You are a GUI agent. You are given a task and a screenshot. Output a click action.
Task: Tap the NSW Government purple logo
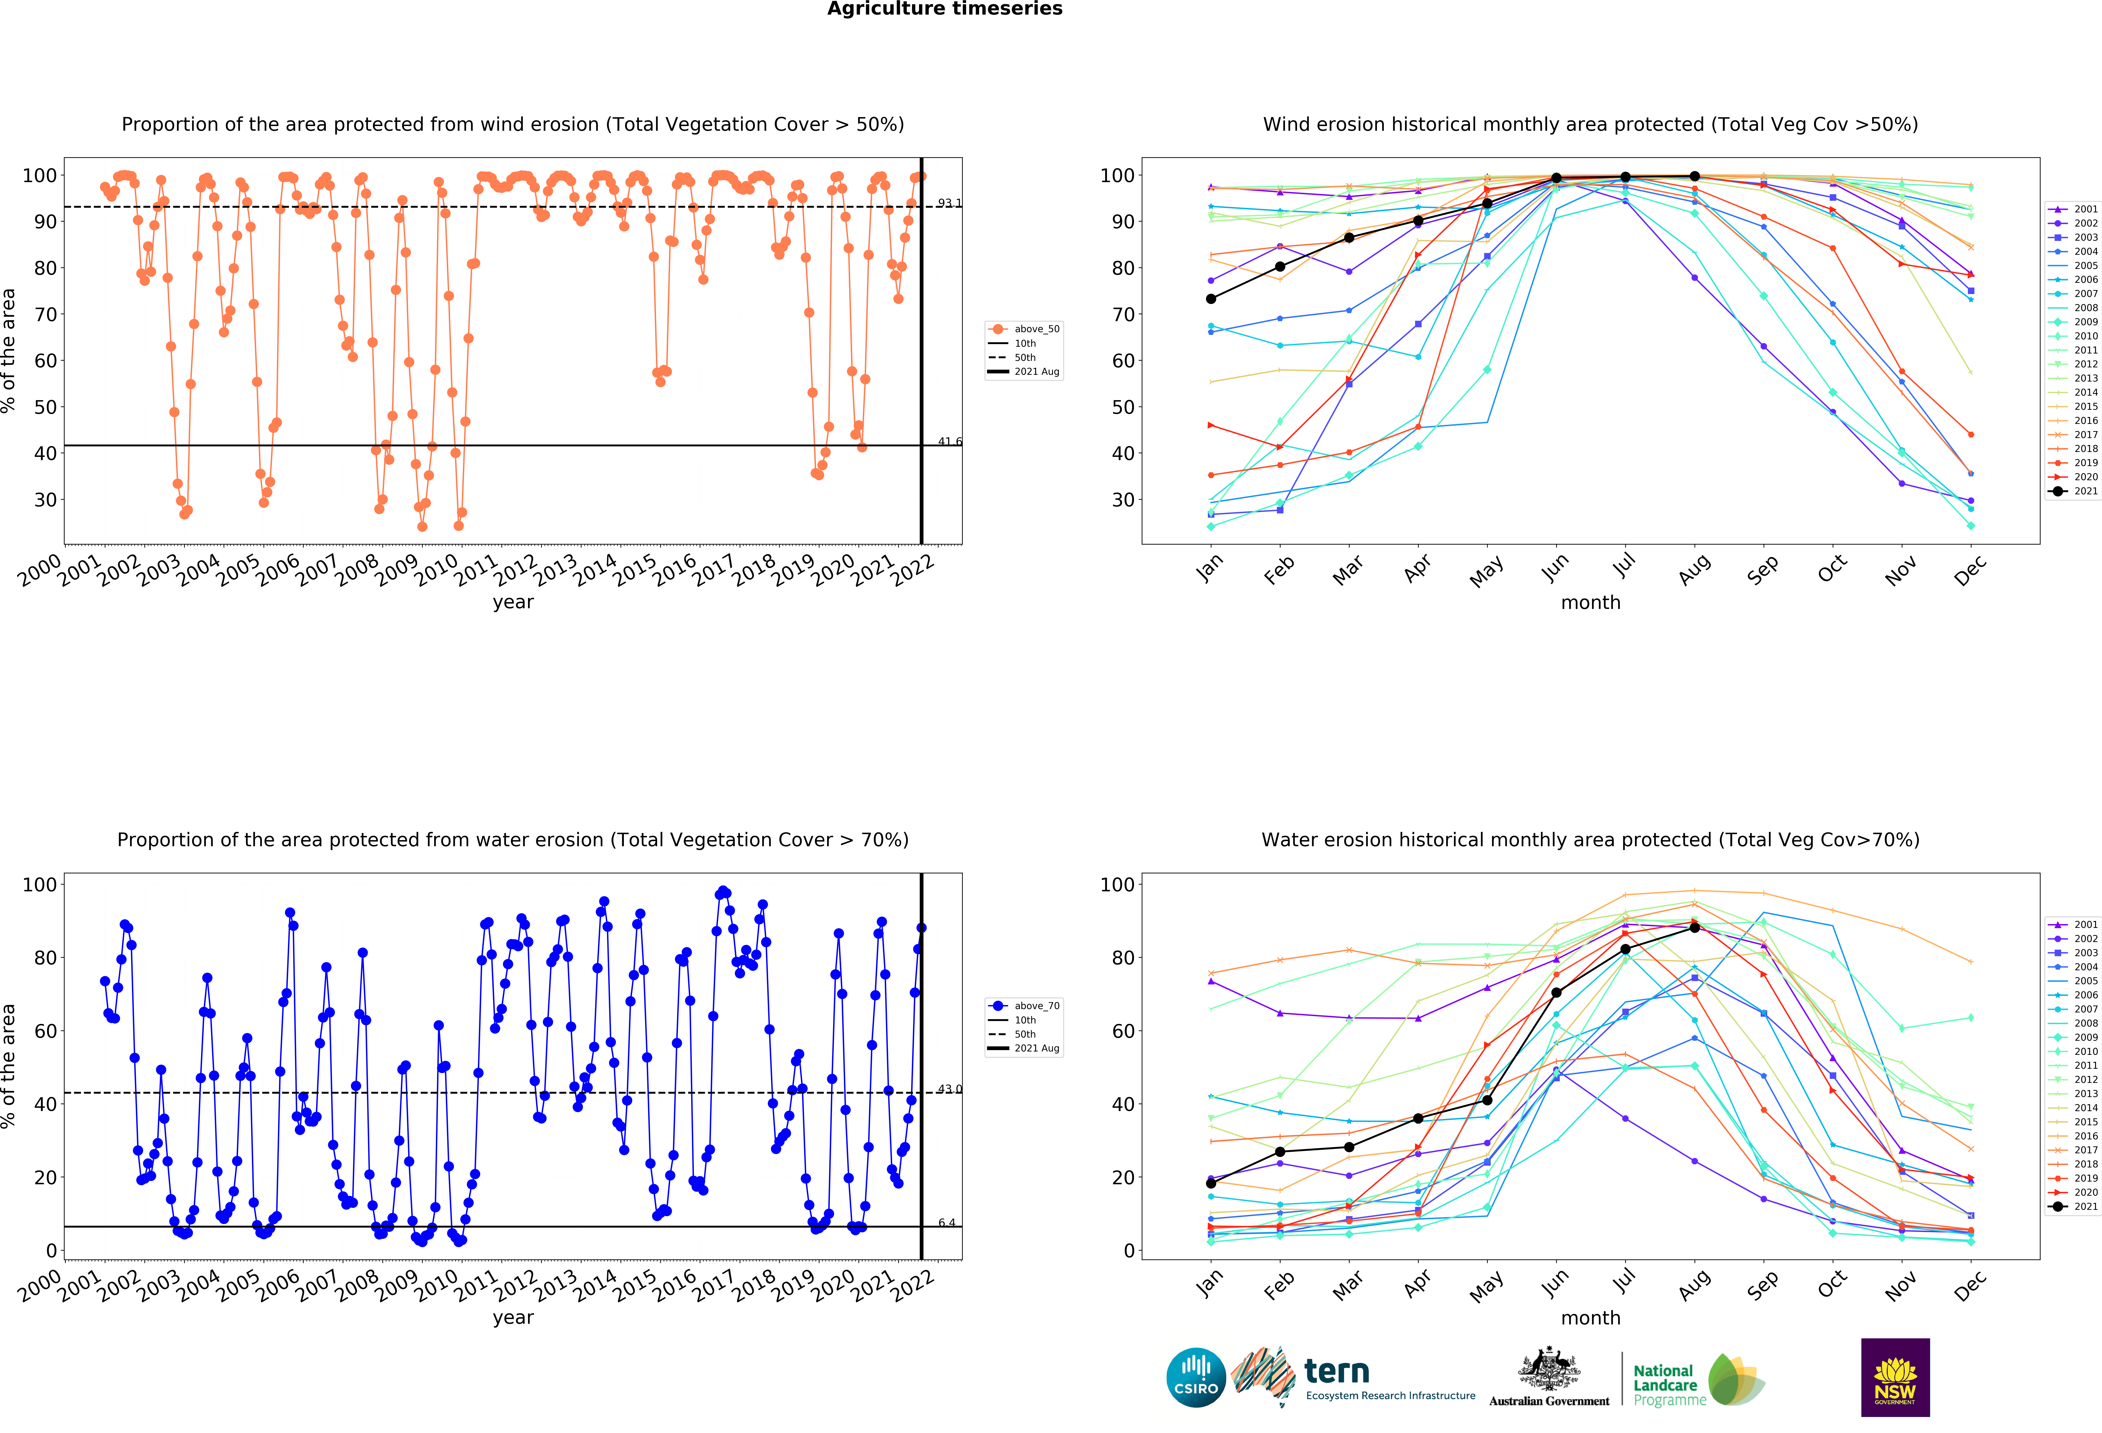pos(1895,1377)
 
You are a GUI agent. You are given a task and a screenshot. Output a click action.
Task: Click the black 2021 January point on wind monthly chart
pos(1211,299)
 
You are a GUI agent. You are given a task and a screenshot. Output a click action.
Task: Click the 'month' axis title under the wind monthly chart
pos(1590,602)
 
